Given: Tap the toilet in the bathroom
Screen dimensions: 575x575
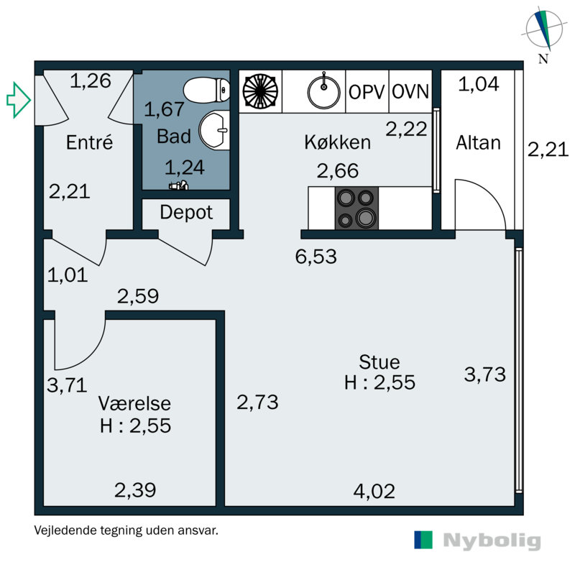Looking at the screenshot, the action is tap(206, 90).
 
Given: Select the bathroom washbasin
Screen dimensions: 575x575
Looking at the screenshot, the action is tap(214, 130).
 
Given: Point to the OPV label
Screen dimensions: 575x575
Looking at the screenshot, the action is tap(367, 92).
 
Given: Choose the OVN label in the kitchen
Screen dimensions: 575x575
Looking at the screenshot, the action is tap(410, 92).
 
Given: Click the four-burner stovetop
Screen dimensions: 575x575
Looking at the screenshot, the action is tap(356, 208).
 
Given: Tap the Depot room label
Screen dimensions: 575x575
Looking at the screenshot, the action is tap(186, 213).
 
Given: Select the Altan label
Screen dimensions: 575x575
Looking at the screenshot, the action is tap(478, 142).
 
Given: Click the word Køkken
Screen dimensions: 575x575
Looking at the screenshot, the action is tap(337, 142).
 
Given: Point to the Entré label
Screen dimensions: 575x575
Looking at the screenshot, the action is tap(89, 142).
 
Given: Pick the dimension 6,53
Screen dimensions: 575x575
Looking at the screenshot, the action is tap(316, 257).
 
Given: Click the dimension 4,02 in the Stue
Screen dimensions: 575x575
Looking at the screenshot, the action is tap(374, 491).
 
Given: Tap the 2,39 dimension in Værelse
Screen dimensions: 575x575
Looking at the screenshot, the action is tap(135, 490).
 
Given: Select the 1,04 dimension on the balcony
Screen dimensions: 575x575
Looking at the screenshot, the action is tap(479, 84).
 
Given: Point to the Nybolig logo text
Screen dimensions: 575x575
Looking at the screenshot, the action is tap(492, 541).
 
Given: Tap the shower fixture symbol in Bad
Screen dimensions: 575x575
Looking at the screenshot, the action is tap(178, 185).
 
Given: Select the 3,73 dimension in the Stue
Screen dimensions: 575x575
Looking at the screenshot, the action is tap(484, 374).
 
